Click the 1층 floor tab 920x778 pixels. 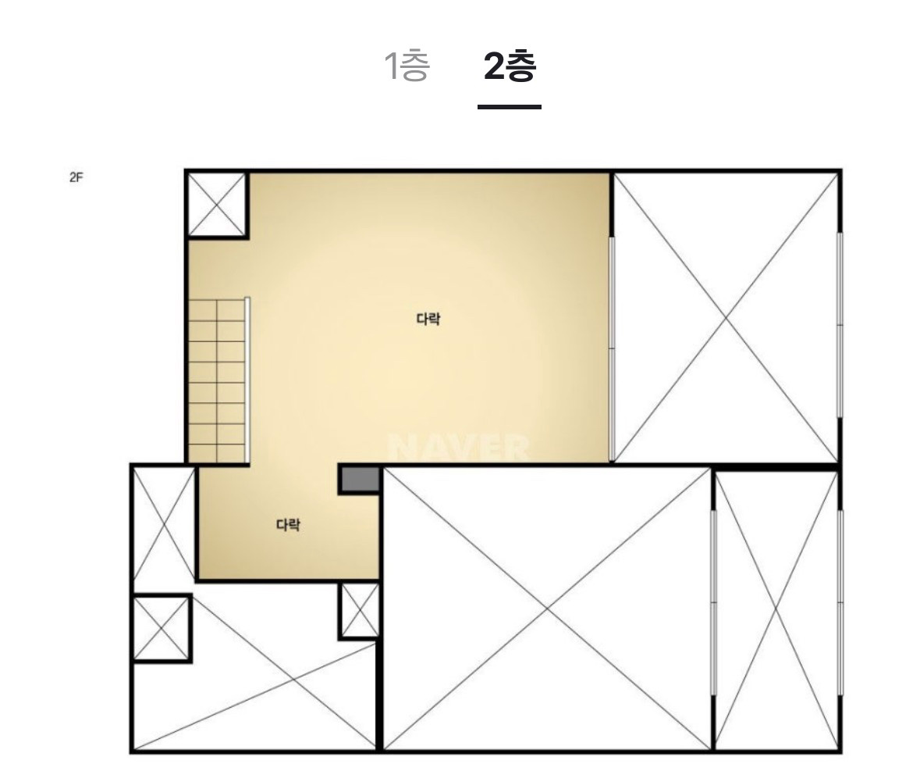click(407, 66)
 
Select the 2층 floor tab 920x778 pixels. click(510, 66)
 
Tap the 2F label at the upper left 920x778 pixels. click(76, 177)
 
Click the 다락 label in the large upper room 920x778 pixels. click(428, 319)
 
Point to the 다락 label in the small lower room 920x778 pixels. click(288, 524)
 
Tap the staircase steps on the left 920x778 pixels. click(216, 380)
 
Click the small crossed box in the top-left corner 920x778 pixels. click(216, 205)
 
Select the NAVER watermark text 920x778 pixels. click(458, 448)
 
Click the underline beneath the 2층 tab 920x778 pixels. click(510, 107)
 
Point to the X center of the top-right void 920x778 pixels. click(726, 318)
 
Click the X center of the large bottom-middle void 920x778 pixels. click(548, 609)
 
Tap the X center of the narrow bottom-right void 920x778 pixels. click(776, 610)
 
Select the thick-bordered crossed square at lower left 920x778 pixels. click(162, 628)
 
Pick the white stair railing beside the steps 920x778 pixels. click(247, 380)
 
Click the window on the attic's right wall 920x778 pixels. click(612, 348)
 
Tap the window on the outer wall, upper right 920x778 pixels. click(840, 325)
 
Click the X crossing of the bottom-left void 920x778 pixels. click(293, 680)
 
